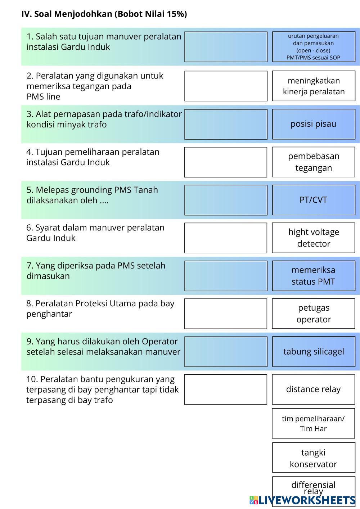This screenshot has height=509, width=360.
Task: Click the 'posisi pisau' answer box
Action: tap(313, 124)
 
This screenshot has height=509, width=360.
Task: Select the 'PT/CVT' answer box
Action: tap(313, 200)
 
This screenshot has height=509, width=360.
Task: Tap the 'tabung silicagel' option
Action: tap(313, 352)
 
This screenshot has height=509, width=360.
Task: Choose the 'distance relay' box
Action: tap(313, 389)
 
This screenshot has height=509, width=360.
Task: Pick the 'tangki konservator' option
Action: tap(313, 458)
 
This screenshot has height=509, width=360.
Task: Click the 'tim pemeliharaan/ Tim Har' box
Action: tap(313, 423)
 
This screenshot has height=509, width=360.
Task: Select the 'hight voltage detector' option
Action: tap(313, 238)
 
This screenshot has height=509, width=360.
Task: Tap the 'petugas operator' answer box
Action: tap(313, 314)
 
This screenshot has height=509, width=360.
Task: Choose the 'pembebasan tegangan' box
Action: tap(313, 162)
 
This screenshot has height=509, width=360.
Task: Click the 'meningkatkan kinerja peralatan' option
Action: tap(313, 86)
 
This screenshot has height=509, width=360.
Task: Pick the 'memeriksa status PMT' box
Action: tap(313, 276)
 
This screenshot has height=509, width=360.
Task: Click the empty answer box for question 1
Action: tap(226, 47)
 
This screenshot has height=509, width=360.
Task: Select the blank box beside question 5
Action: tap(226, 200)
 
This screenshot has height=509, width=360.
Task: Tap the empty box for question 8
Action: tap(226, 314)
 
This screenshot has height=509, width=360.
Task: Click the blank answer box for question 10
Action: tap(226, 389)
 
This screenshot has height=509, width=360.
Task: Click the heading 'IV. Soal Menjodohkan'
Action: tap(104, 14)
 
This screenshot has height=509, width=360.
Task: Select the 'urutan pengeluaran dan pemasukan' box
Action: tap(313, 47)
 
